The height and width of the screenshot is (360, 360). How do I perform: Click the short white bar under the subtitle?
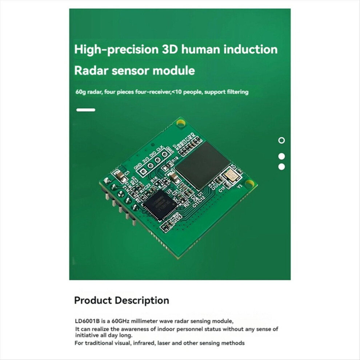[x=86, y=110]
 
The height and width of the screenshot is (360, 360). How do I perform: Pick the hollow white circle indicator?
[x=281, y=140]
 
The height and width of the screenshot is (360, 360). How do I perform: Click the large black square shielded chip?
[x=202, y=165]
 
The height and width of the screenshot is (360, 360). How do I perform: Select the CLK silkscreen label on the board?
[x=160, y=149]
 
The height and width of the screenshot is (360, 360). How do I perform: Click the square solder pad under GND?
[x=143, y=172]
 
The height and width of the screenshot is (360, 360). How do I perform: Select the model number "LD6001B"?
[x=86, y=321]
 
